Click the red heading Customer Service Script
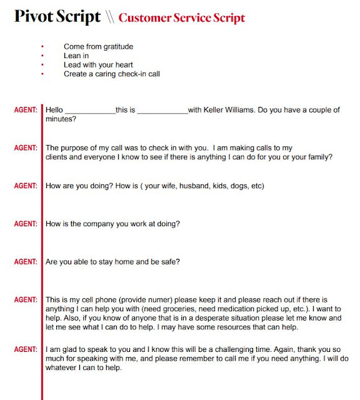(x=181, y=17)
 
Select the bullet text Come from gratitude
(x=98, y=46)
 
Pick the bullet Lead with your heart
(x=98, y=64)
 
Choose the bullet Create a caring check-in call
(x=112, y=74)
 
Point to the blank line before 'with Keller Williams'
(x=162, y=111)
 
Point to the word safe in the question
(x=171, y=261)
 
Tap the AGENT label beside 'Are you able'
(x=26, y=261)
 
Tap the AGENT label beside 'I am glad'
(x=26, y=349)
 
